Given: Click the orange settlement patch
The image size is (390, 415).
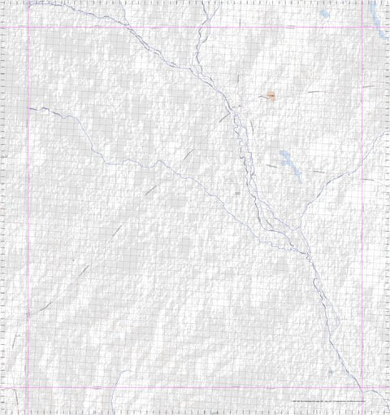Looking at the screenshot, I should [x=271, y=97].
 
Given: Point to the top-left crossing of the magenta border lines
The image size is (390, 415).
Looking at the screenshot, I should [x=28, y=27].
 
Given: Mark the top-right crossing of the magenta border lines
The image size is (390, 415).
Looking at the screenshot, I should [x=362, y=27].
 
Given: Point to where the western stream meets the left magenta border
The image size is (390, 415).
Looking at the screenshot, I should [x=28, y=108].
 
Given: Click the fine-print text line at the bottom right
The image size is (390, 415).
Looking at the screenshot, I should [x=325, y=402].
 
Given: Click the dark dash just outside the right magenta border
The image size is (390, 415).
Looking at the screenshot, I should [x=370, y=85].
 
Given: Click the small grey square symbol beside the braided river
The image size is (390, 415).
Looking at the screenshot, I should [x=236, y=194].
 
